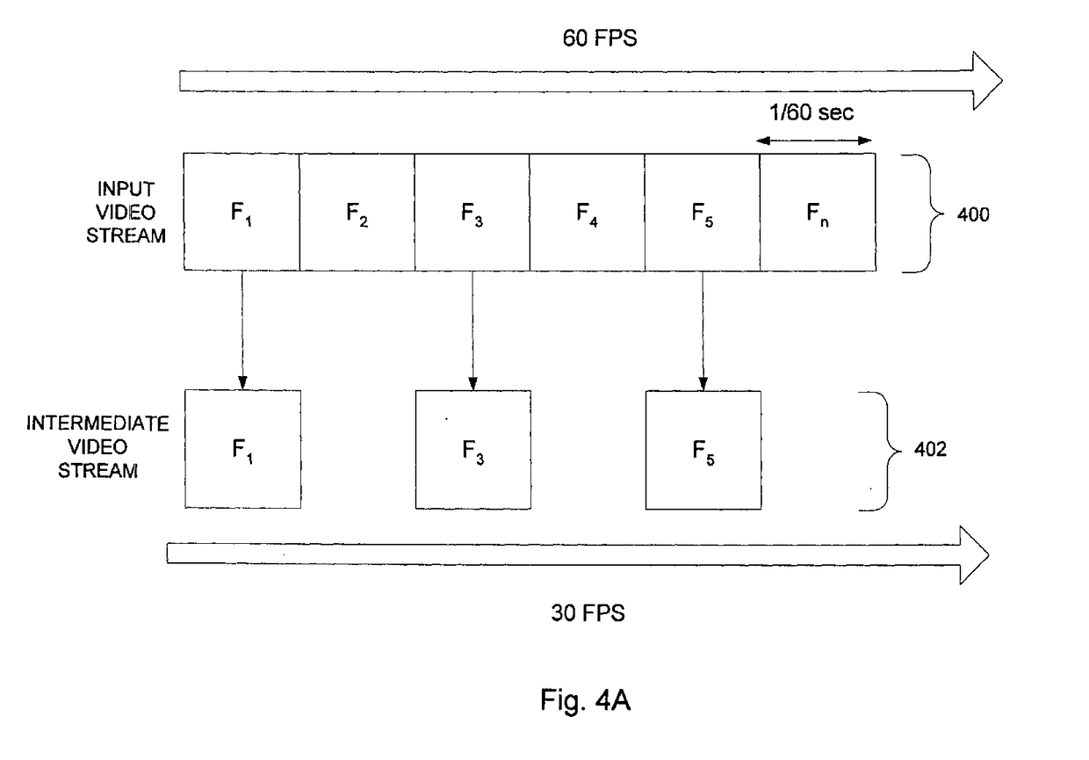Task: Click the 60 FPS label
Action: [600, 39]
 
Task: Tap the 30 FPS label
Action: [588, 613]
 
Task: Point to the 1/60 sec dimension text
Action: [811, 112]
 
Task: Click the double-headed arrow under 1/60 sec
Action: [814, 141]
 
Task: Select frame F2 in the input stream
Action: [357, 212]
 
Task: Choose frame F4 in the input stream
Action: [588, 212]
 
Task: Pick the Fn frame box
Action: [819, 212]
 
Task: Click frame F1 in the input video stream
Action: [242, 212]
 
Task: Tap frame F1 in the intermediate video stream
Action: [242, 449]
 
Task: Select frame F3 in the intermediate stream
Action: [473, 450]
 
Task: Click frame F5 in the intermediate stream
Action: [703, 450]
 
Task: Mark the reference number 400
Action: [973, 214]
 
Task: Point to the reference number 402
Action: [930, 449]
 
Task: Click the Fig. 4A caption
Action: [585, 700]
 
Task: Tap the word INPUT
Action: [126, 189]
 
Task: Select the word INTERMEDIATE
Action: [97, 423]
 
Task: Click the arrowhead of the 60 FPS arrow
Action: [987, 81]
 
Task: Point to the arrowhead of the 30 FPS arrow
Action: [974, 554]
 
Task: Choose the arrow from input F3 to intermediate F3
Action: [472, 330]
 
